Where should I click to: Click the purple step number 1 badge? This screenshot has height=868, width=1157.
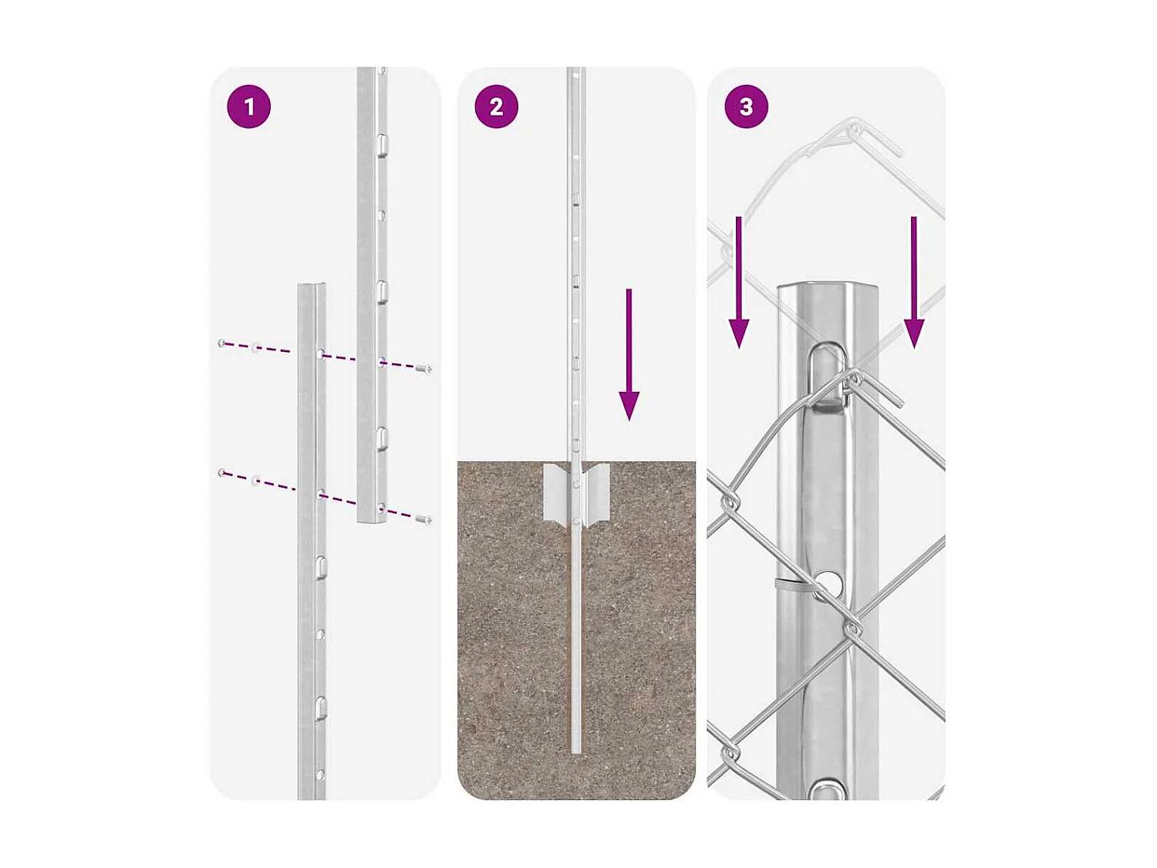click(248, 106)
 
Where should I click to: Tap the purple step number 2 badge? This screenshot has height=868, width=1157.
click(497, 106)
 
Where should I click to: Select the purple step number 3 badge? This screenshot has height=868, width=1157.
click(746, 106)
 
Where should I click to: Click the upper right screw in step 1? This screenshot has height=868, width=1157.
click(423, 369)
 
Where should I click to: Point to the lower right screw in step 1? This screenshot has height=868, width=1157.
click(423, 520)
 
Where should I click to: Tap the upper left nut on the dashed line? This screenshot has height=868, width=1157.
click(222, 343)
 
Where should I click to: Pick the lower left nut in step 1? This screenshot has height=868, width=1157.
click(222, 472)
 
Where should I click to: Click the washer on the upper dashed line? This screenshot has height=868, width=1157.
click(256, 348)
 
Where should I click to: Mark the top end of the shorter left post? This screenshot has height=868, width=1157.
click(312, 285)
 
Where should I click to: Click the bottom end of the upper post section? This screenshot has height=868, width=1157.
click(372, 522)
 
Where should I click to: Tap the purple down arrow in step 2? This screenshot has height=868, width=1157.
click(629, 355)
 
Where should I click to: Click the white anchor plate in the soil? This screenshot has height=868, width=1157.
click(576, 494)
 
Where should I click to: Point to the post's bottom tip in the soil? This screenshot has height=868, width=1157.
click(576, 750)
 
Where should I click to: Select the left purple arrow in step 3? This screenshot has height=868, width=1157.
click(739, 282)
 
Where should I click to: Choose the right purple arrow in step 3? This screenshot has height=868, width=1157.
click(914, 282)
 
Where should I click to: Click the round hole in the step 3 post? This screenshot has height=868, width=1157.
click(828, 583)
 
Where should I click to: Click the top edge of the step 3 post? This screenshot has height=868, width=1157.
click(827, 285)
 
